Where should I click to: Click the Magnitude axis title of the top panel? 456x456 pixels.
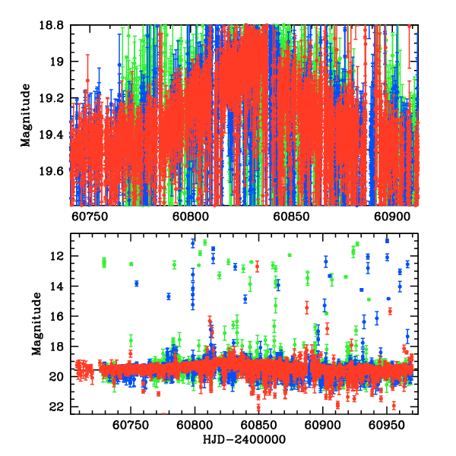tap(27, 116)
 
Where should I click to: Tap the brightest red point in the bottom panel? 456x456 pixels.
tap(258, 265)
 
